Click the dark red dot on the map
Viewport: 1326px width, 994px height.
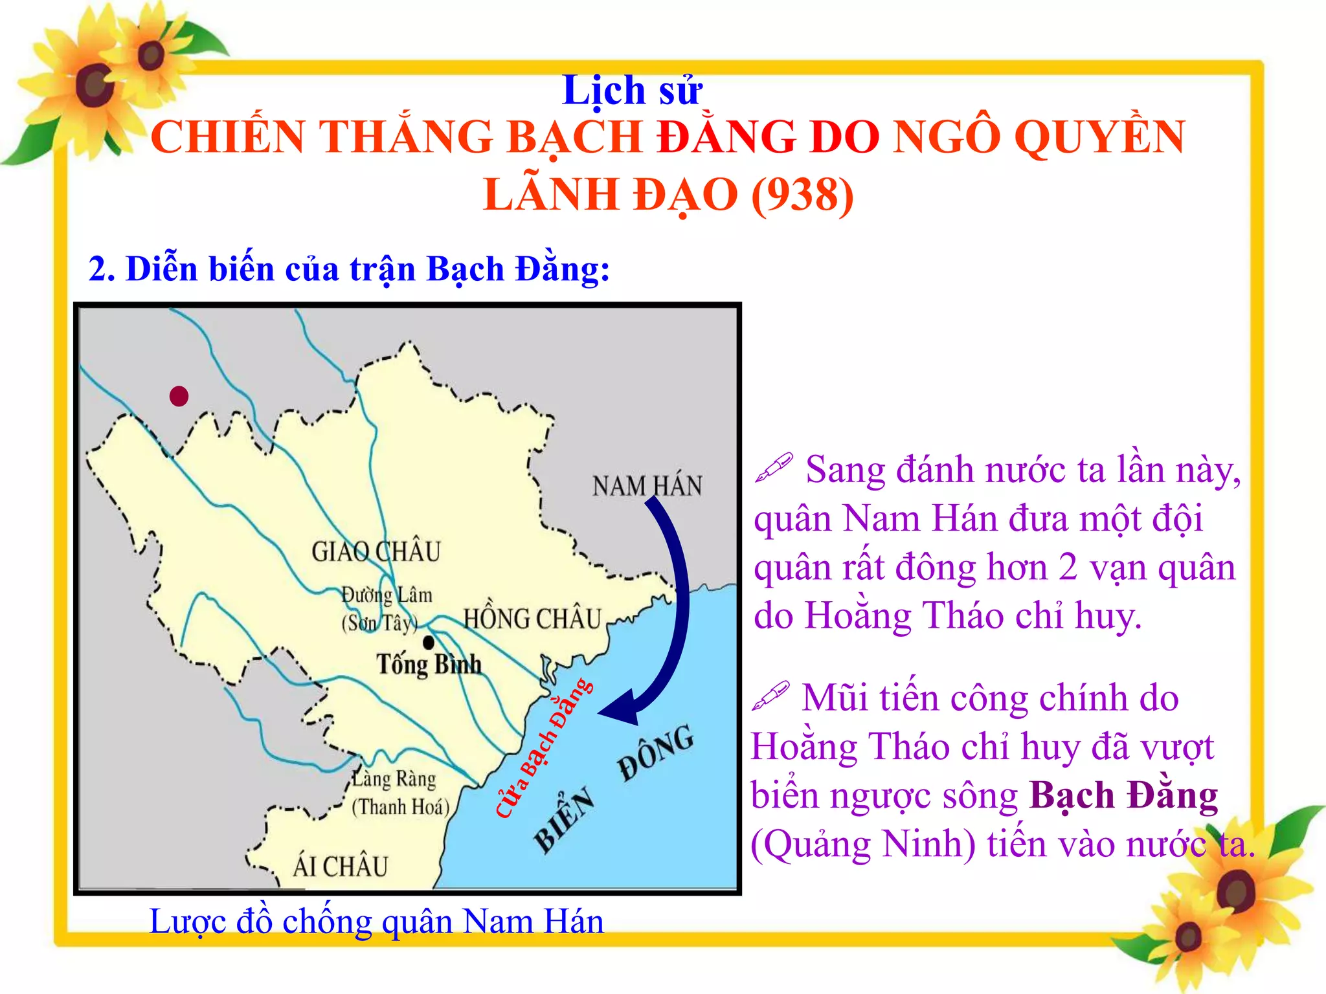click(x=179, y=395)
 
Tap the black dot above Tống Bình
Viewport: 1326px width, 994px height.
click(x=429, y=643)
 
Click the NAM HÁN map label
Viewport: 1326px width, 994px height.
click(x=647, y=486)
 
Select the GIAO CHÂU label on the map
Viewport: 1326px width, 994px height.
click(x=376, y=552)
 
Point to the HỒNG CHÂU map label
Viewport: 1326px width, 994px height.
click(x=532, y=619)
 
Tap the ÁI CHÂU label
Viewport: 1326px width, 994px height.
click(x=340, y=867)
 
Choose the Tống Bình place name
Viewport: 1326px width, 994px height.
click(x=429, y=665)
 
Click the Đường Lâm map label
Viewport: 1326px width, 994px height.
click(x=387, y=595)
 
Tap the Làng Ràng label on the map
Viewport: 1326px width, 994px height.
click(x=394, y=779)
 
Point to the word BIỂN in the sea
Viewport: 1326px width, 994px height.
click(x=564, y=819)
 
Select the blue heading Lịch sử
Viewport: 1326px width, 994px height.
click(x=632, y=91)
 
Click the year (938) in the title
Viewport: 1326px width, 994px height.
click(x=802, y=195)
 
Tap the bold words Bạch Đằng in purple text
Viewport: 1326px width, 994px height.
click(x=1123, y=795)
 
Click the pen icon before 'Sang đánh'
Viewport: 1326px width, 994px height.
click(x=774, y=467)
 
